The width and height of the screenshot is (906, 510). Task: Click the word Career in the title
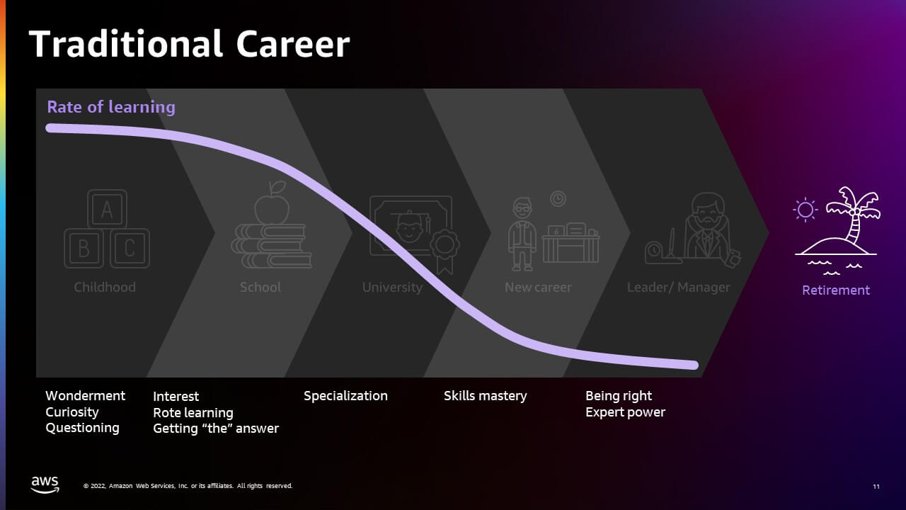293,44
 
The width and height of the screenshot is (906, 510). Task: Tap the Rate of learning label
111,107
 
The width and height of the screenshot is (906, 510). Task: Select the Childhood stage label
105,288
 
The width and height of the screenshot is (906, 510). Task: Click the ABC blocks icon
107,229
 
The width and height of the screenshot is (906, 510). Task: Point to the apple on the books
272,203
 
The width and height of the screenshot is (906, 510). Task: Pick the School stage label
260,288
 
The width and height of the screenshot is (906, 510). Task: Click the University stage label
392,288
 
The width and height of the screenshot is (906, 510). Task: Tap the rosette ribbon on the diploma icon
445,250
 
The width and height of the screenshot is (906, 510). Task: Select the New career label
538,288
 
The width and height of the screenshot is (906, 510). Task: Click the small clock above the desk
558,199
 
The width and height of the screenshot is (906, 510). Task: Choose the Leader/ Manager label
678,288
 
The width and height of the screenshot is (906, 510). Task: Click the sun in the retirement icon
805,210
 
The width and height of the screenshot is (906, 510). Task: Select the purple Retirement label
836,290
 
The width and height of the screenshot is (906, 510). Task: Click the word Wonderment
86,395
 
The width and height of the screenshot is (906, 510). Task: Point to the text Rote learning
193,413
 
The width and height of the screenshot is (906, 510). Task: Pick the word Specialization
345,396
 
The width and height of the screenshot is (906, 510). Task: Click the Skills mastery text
485,396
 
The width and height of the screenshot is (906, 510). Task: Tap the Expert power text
625,412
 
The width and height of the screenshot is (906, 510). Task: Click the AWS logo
45,484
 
